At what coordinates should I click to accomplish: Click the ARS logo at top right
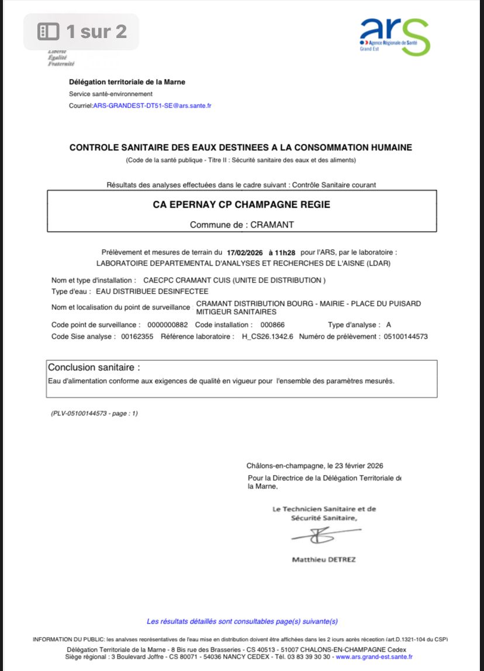[x=395, y=36]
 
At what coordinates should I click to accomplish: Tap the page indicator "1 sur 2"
[x=82, y=31]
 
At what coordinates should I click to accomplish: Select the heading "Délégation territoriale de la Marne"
[x=127, y=82]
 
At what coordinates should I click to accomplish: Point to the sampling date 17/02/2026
[x=246, y=252]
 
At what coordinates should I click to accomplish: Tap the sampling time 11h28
[x=287, y=252]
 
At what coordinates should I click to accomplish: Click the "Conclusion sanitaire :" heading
[x=94, y=367]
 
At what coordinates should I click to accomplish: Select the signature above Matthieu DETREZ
[x=321, y=534]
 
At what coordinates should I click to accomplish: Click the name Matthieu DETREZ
[x=324, y=559]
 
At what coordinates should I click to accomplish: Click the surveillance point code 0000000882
[x=168, y=325]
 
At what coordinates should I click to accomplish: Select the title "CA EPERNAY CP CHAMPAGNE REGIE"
[x=241, y=205]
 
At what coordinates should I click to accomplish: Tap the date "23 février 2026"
[x=355, y=466]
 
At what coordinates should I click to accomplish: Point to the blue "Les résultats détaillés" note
[x=242, y=621]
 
